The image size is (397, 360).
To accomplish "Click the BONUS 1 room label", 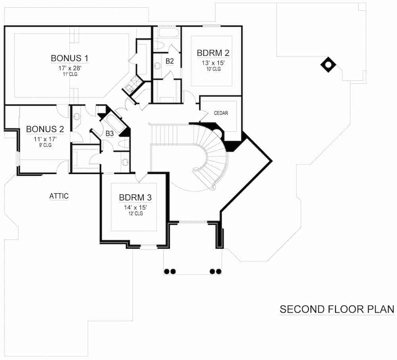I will coord(69,58).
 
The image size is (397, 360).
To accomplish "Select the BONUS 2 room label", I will coord(45,129).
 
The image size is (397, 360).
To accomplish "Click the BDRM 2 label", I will coord(213,53).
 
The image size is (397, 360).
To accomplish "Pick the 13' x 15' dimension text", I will coord(213,62).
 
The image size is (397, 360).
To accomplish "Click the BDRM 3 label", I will coord(135,197).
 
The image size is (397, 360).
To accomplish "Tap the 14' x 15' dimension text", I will coord(135,207).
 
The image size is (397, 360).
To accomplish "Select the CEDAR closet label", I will coord(221,113).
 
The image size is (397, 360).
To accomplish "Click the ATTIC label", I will coord(59,196).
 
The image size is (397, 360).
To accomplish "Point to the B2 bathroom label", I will coord(170,61).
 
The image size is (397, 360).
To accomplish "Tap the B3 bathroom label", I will coord(110,134).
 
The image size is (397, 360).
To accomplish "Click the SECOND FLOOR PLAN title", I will coord(337,309).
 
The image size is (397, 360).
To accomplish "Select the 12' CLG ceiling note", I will coord(135,214).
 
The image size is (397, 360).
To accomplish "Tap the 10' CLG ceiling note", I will coord(213,69).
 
